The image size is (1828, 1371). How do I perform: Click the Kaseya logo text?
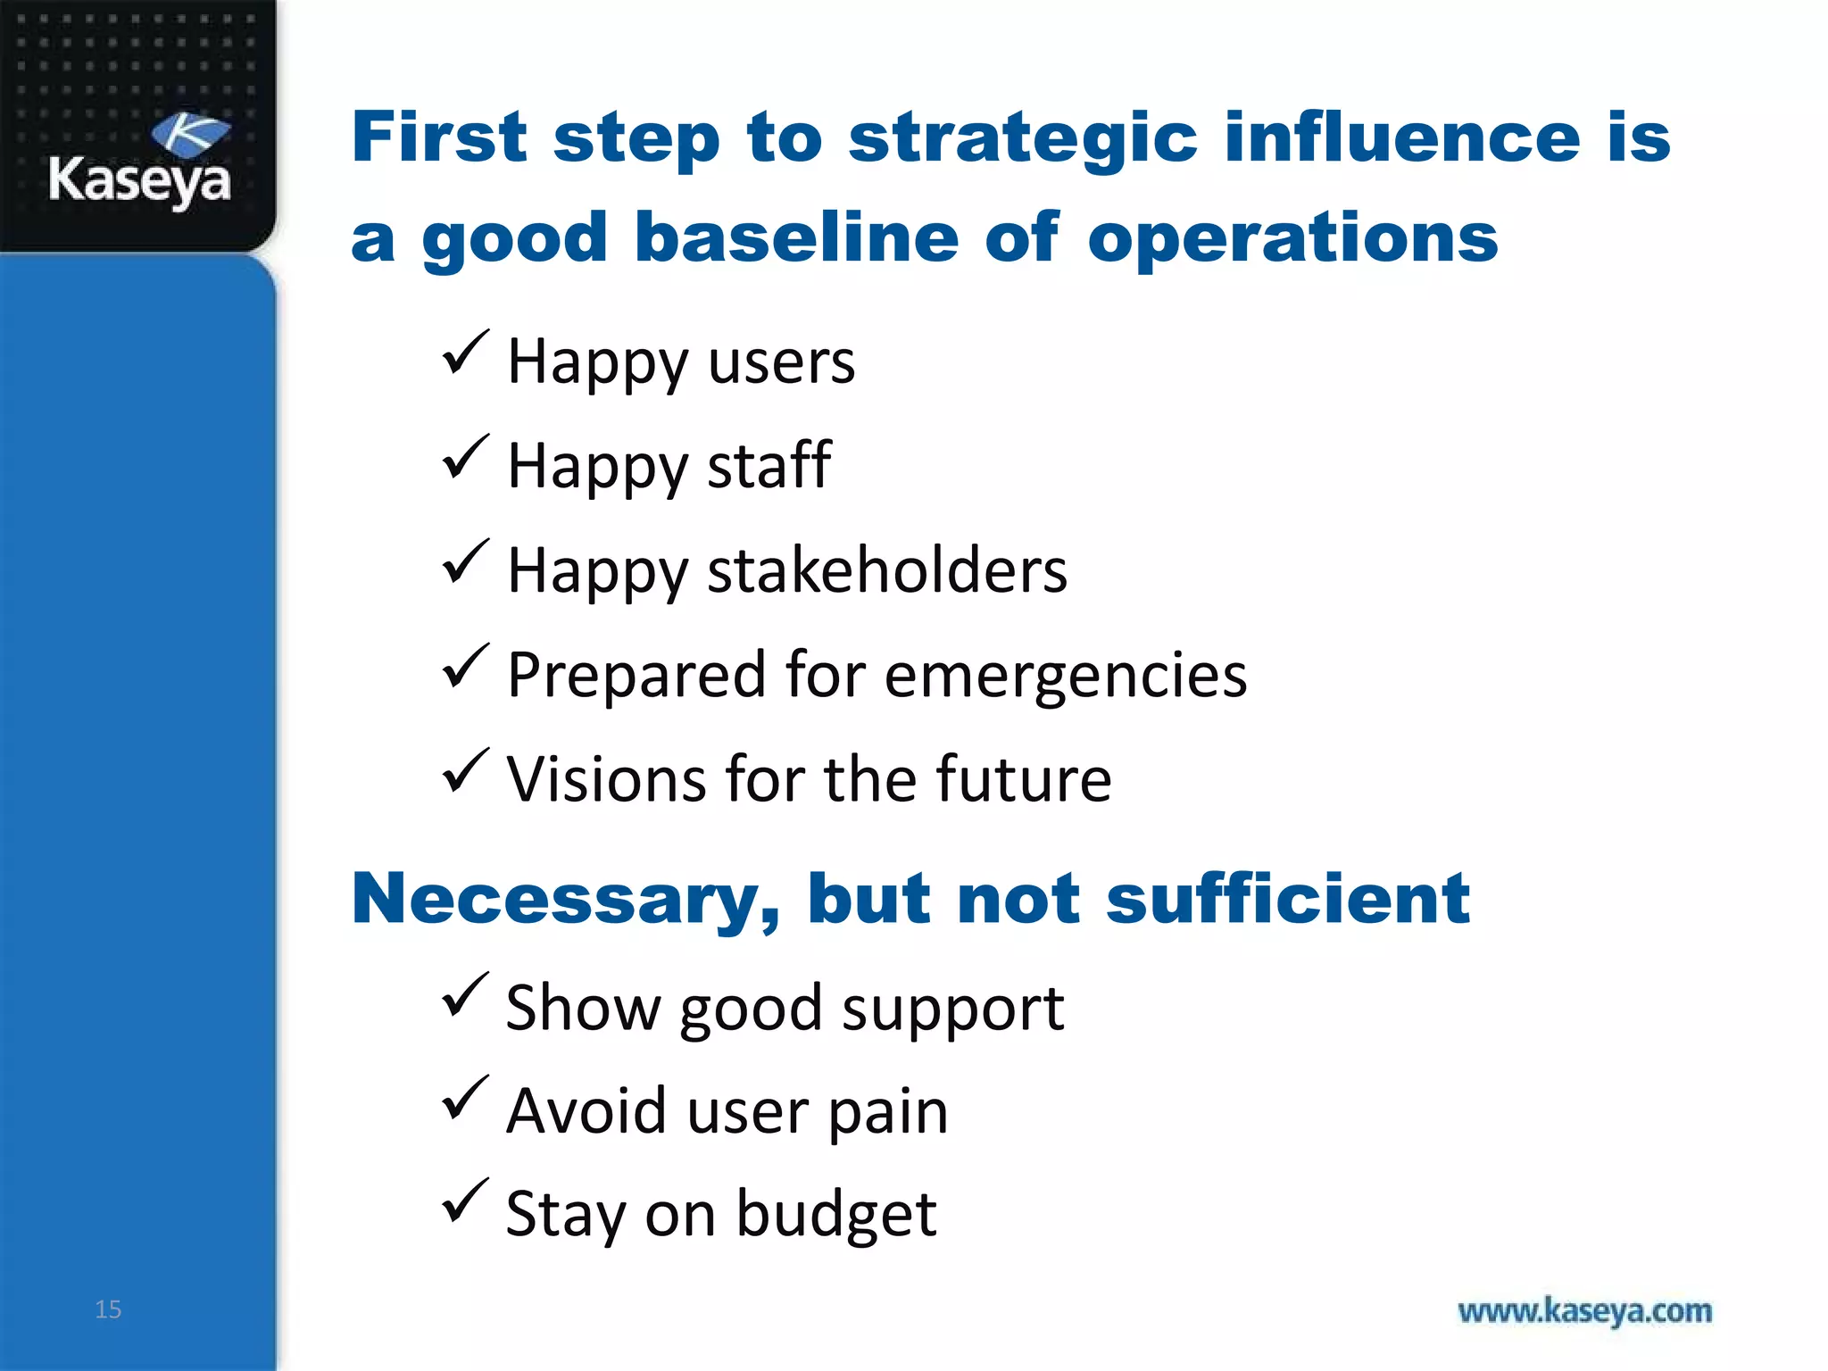(139, 181)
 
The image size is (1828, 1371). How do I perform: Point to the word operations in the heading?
(1292, 240)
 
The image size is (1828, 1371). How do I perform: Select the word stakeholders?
(886, 570)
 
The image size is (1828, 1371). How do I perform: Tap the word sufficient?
(1287, 898)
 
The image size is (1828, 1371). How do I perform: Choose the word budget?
(836, 1216)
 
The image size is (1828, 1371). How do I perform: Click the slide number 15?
(108, 1309)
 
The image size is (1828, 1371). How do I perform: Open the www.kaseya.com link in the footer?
(1584, 1311)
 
